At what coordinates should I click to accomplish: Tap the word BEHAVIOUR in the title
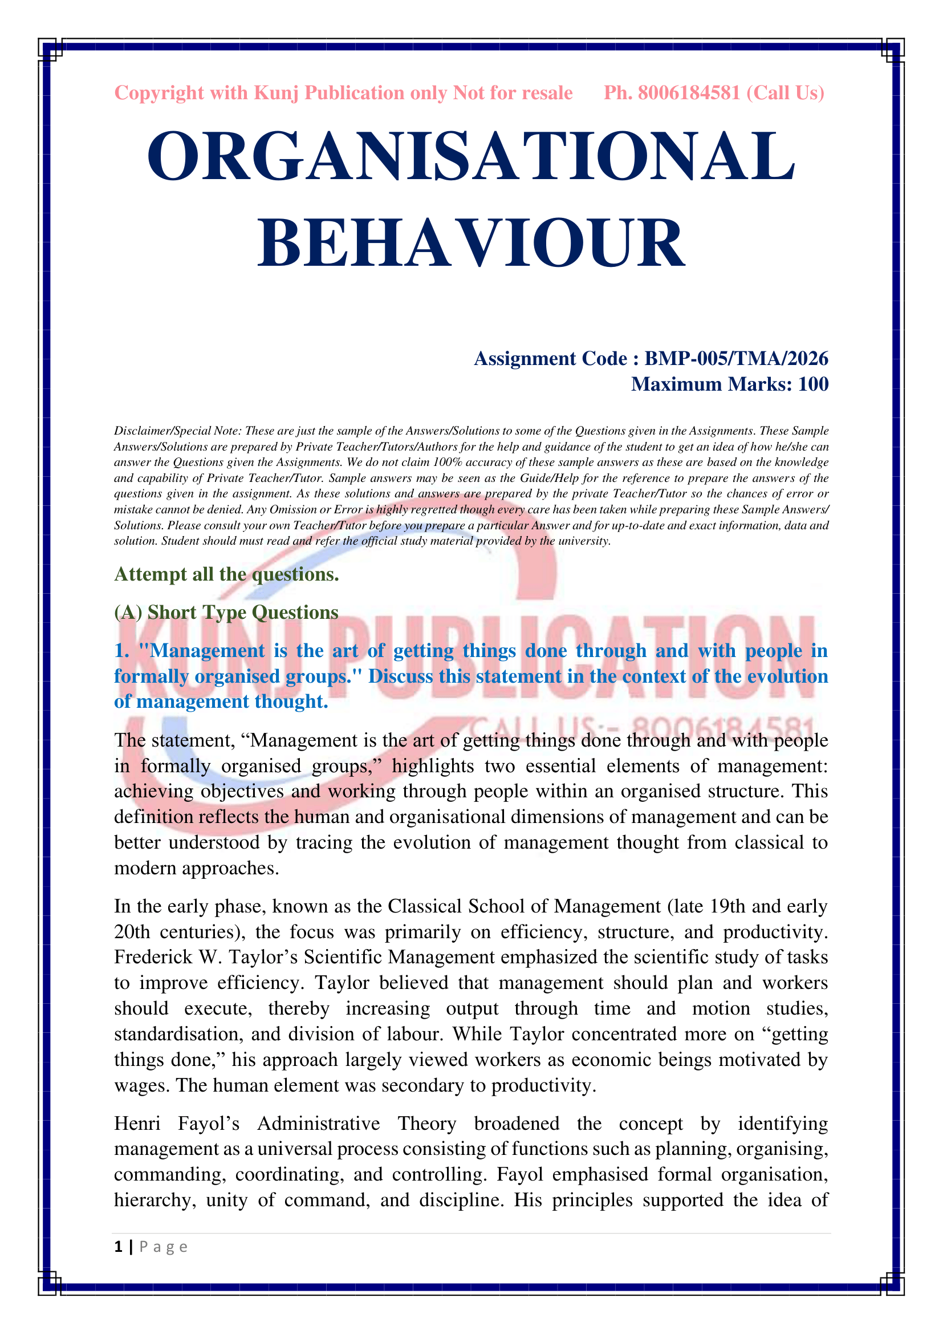coord(471,243)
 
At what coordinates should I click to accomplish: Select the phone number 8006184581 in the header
coord(689,93)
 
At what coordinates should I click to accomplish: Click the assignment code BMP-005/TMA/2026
coord(736,359)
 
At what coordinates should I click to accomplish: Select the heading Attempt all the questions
coord(226,574)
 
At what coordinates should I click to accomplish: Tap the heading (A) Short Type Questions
coord(226,613)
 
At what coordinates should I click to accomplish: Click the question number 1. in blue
coord(121,650)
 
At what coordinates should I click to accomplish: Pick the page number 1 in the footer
coord(119,1246)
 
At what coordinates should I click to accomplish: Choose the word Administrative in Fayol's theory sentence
coord(318,1123)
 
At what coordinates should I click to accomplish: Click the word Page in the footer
coord(163,1247)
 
